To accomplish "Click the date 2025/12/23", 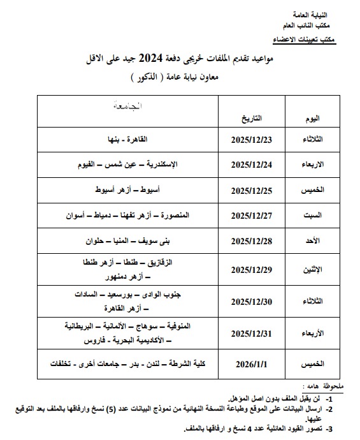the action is pyautogui.click(x=252, y=140).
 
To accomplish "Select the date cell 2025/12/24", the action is pyautogui.click(x=252, y=165).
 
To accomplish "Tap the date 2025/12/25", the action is pyautogui.click(x=252, y=190).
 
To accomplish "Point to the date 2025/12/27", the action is pyautogui.click(x=252, y=216).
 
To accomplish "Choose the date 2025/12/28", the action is pyautogui.click(x=252, y=242).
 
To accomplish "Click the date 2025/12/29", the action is pyautogui.click(x=252, y=269).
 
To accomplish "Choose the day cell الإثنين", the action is pyautogui.click(x=310, y=270).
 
